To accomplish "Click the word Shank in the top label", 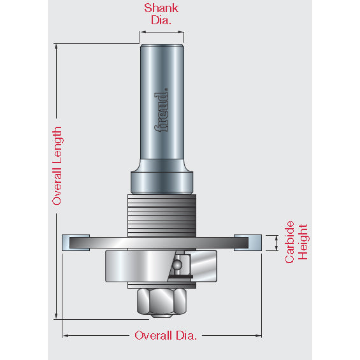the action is click(x=161, y=8).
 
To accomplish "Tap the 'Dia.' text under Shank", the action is click(x=161, y=20).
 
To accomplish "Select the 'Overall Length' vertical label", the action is click(x=57, y=166).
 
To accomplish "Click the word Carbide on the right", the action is click(x=289, y=242).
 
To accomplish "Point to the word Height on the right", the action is click(x=303, y=242).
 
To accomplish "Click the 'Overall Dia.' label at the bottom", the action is click(x=166, y=335).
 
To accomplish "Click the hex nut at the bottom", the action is click(x=162, y=301).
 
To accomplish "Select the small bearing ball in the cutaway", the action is click(x=177, y=264).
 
